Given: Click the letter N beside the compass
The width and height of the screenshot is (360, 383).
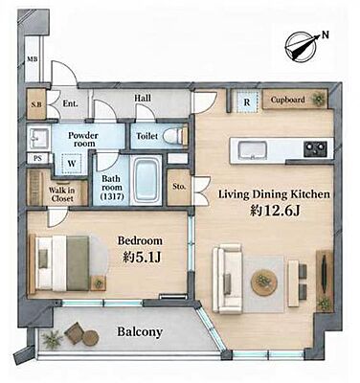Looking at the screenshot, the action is pos(325,34).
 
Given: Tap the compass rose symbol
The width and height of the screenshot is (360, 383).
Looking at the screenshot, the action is pos(301,47).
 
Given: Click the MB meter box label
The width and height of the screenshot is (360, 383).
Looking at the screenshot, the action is pos(32,59).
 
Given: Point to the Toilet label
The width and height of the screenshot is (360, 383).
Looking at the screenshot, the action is pos(147,136).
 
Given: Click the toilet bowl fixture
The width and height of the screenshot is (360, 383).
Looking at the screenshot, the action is pos(175,136).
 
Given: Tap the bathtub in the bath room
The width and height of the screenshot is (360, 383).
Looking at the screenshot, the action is pos(146,180).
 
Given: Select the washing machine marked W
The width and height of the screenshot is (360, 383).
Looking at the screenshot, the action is pos(72,164).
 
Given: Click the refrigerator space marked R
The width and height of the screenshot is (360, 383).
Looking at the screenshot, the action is pos(247,101).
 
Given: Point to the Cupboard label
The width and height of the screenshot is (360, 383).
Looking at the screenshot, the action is pos(287,100).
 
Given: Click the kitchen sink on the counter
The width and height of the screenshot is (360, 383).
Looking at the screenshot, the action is pos(252,149).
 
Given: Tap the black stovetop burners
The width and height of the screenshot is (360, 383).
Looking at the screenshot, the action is pos(315,148).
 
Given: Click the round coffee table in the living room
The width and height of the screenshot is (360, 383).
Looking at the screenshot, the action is pos(263,282).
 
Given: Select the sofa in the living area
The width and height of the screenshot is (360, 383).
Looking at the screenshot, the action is pos(228,279).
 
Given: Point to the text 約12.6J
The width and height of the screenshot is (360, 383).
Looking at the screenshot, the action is pos(275,211).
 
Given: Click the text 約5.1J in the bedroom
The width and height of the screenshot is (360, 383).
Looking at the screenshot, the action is pos(141,258).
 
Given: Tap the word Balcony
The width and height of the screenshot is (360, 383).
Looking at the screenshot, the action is pos(140,332).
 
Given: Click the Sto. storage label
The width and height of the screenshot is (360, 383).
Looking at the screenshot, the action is pos(179,187).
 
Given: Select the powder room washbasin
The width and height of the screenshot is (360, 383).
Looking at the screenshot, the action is pos(38,139).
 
